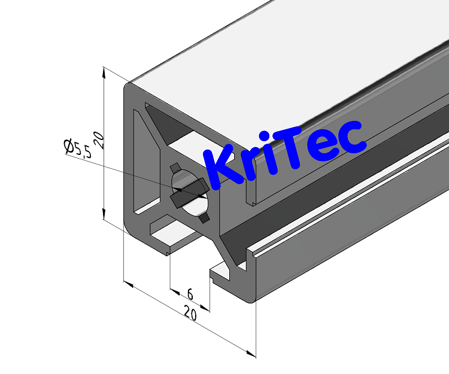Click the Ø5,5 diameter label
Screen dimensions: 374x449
[78, 147]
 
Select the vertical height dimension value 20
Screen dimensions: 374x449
[100, 140]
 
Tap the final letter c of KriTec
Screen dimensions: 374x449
[351, 137]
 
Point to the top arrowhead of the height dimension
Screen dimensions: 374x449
[104, 72]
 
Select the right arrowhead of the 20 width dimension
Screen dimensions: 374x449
[251, 353]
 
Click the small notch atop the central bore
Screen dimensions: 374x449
[175, 166]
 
